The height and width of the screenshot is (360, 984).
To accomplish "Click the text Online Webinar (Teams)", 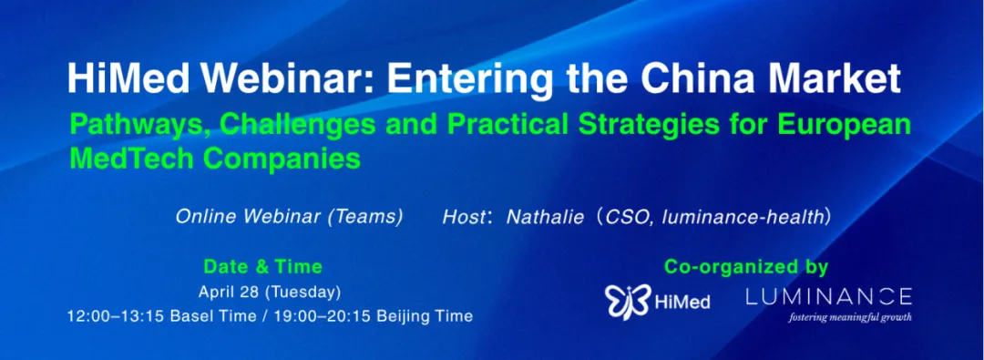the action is point(289,218).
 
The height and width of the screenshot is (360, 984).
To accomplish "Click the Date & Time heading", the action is point(262,267).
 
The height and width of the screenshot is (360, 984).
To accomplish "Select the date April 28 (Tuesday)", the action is point(270,293).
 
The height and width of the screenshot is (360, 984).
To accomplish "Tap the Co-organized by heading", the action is point(747,267).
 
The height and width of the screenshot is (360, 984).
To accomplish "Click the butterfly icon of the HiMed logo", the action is point(628,302).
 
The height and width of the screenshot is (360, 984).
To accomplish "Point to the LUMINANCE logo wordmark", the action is point(828,295).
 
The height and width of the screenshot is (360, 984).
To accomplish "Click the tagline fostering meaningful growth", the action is point(850,316).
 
